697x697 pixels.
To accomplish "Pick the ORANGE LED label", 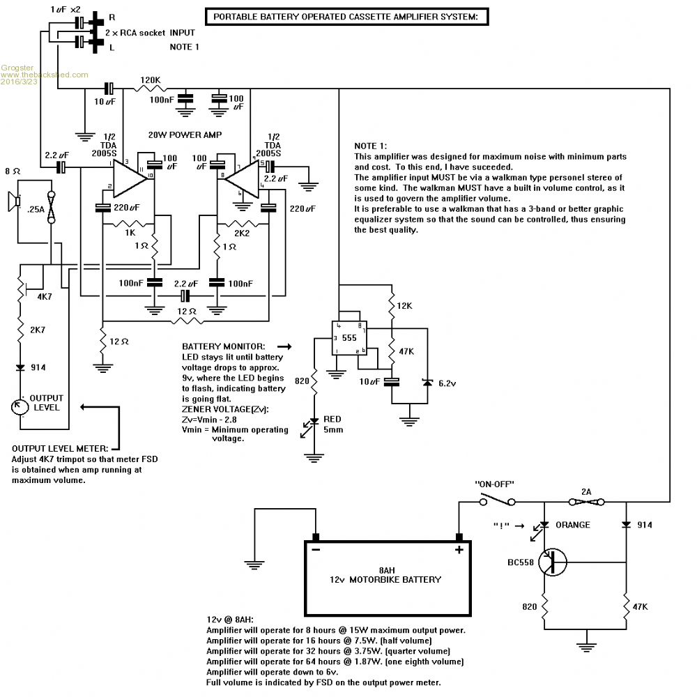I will pyautogui.click(x=576, y=525).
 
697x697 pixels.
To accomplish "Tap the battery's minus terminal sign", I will pyautogui.click(x=316, y=549).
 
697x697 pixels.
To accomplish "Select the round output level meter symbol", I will pyautogui.click(x=22, y=405).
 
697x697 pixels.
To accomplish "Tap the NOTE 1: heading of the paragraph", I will pyautogui.click(x=370, y=146).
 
